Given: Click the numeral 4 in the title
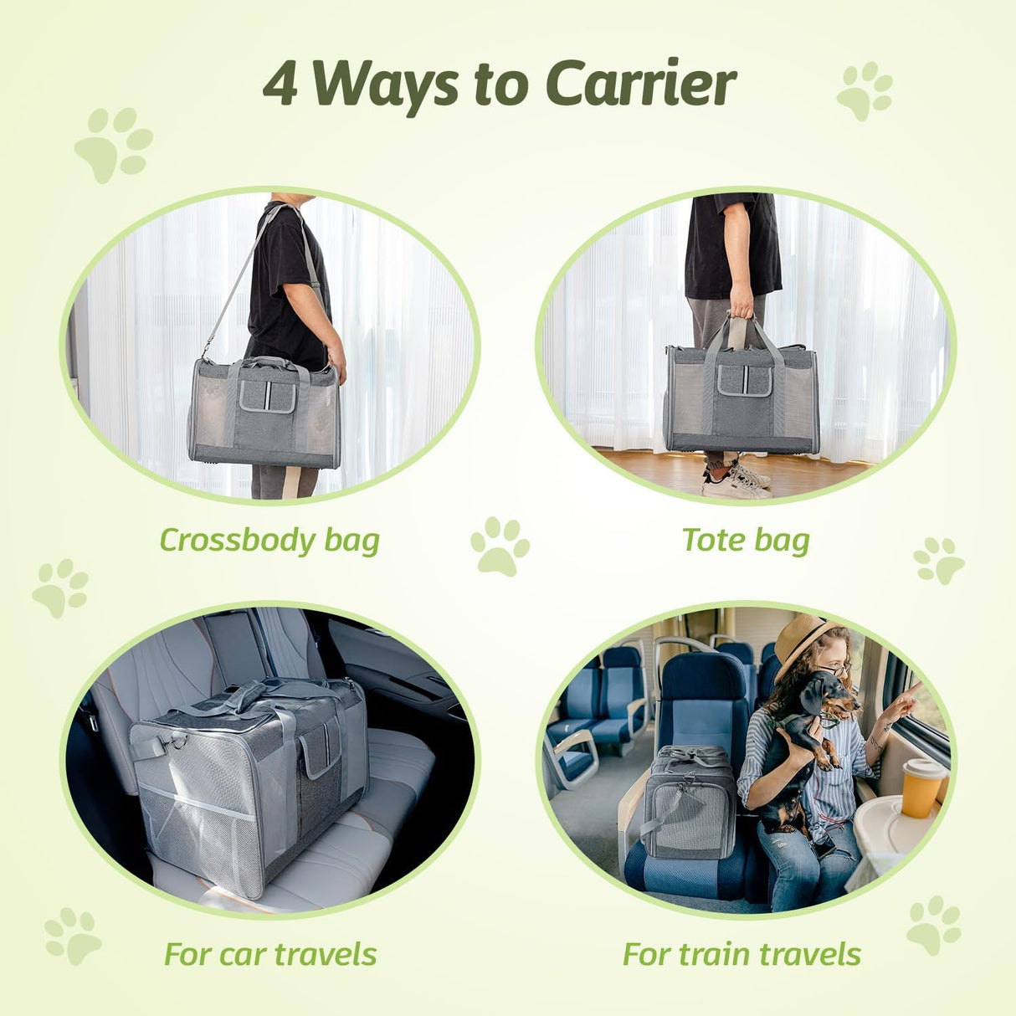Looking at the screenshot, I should click(280, 85).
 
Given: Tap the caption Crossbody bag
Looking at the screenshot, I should click(269, 540).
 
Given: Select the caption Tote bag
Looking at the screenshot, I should click(746, 540).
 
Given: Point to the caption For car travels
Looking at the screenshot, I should click(270, 954).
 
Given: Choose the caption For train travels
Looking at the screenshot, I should click(741, 954).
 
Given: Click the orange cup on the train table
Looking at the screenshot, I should click(922, 787).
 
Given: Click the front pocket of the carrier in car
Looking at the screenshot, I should click(322, 747).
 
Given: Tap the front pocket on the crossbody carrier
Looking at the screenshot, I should click(268, 395).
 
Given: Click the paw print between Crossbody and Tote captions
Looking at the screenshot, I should click(500, 546).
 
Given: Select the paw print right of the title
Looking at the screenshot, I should click(865, 90).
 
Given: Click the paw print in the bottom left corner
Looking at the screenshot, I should click(73, 936).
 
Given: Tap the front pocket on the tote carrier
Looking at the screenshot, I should click(744, 381).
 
